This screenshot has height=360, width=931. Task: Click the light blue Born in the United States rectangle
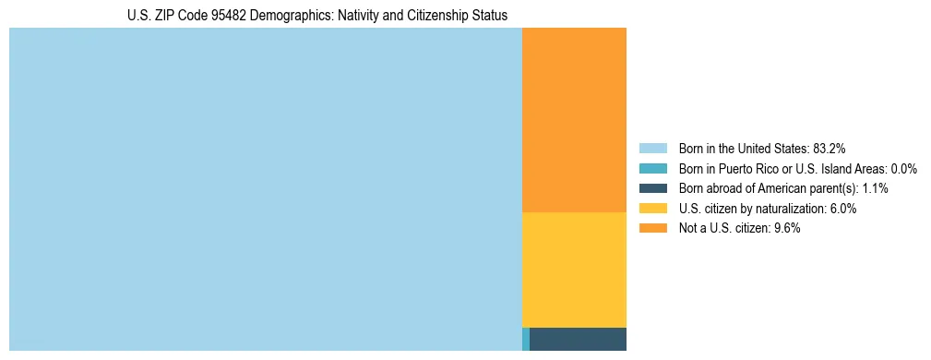point(266,189)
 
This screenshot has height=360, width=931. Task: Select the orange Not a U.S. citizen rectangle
point(574,120)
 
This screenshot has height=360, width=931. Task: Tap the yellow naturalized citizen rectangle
point(574,270)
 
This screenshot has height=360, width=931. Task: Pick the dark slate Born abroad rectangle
point(578,339)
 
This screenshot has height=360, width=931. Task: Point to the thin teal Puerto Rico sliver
point(526,339)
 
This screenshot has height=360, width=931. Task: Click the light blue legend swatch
point(653,148)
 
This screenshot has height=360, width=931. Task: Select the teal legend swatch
point(653,168)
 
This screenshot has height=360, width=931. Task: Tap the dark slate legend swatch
point(653,188)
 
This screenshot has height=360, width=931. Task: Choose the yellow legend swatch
point(653,209)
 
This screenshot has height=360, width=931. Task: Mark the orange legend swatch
point(653,229)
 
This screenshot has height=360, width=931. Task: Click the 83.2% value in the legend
point(829,148)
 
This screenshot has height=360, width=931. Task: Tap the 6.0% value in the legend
point(842,209)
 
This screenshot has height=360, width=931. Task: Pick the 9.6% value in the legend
point(786,229)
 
